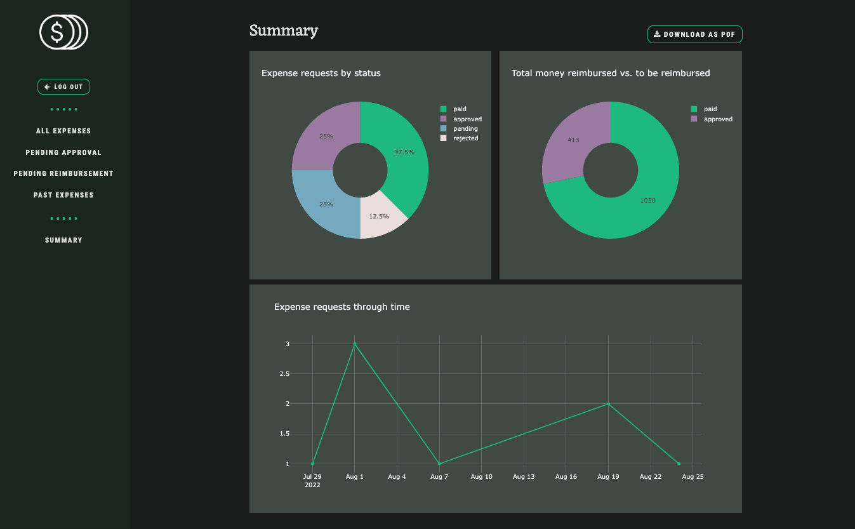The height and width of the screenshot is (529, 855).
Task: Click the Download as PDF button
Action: click(x=694, y=34)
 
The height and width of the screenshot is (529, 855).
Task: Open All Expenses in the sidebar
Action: click(x=63, y=131)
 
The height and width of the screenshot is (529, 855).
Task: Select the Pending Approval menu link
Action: click(x=63, y=152)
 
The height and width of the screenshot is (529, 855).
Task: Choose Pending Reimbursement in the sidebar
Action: click(x=63, y=173)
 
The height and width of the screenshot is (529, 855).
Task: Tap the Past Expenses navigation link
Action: click(x=63, y=195)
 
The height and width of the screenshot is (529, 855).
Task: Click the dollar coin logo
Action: click(x=63, y=32)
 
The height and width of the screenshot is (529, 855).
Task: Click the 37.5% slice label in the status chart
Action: click(x=404, y=152)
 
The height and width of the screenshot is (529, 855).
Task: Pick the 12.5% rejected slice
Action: click(x=378, y=216)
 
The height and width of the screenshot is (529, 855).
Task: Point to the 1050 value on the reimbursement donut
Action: click(x=647, y=201)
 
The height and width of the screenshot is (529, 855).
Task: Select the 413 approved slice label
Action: click(x=573, y=140)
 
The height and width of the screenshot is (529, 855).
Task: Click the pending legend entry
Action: click(x=465, y=128)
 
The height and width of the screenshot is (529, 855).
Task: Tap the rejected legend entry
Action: click(x=465, y=138)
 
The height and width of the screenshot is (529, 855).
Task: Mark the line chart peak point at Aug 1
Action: click(x=355, y=344)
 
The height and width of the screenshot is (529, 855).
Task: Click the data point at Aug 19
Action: click(x=608, y=404)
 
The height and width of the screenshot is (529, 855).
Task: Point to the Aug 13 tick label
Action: click(x=524, y=476)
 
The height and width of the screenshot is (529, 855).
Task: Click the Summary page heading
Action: click(x=284, y=30)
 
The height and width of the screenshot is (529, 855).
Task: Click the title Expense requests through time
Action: click(x=341, y=307)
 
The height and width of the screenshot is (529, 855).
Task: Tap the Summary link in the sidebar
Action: click(x=63, y=240)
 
